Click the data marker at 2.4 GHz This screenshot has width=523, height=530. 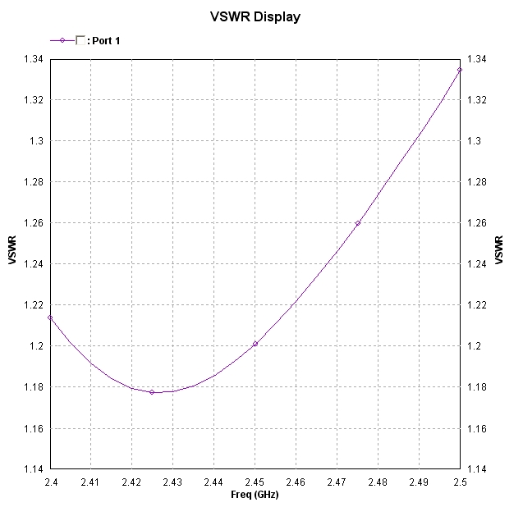click(50, 317)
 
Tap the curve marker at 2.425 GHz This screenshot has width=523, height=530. click(152, 392)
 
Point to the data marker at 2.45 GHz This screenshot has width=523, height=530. click(255, 344)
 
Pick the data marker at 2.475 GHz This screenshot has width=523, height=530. click(357, 223)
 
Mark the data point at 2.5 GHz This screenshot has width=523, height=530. click(460, 70)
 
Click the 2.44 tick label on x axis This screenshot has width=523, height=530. click(213, 482)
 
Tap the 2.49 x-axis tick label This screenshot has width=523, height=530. click(419, 482)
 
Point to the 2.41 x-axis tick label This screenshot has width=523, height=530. click(90, 482)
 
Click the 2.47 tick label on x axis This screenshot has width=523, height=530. click(337, 482)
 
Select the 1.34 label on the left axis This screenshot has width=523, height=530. click(34, 59)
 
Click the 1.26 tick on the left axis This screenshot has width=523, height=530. click(34, 223)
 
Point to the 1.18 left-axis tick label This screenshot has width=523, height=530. click(34, 387)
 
